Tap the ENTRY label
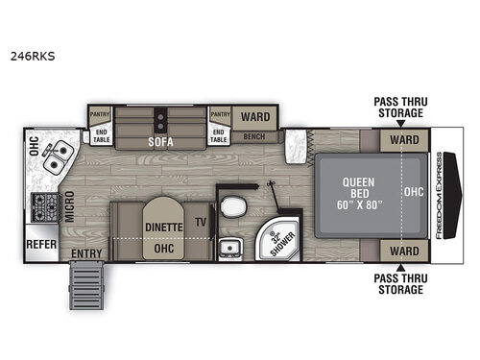[x=87, y=253]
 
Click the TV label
[x=200, y=220]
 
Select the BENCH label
[x=254, y=136]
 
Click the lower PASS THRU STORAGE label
[x=398, y=283]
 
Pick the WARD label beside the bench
[x=254, y=117]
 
